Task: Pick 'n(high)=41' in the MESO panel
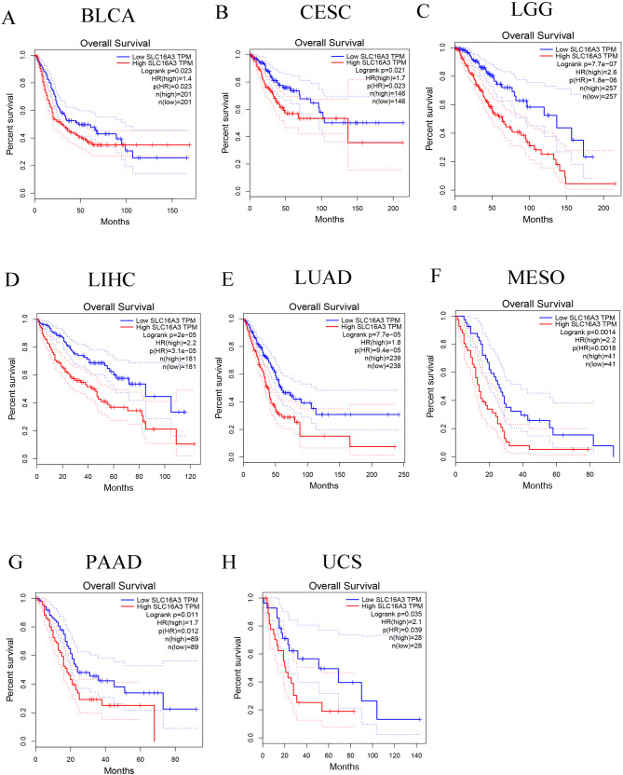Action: coord(587,351)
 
